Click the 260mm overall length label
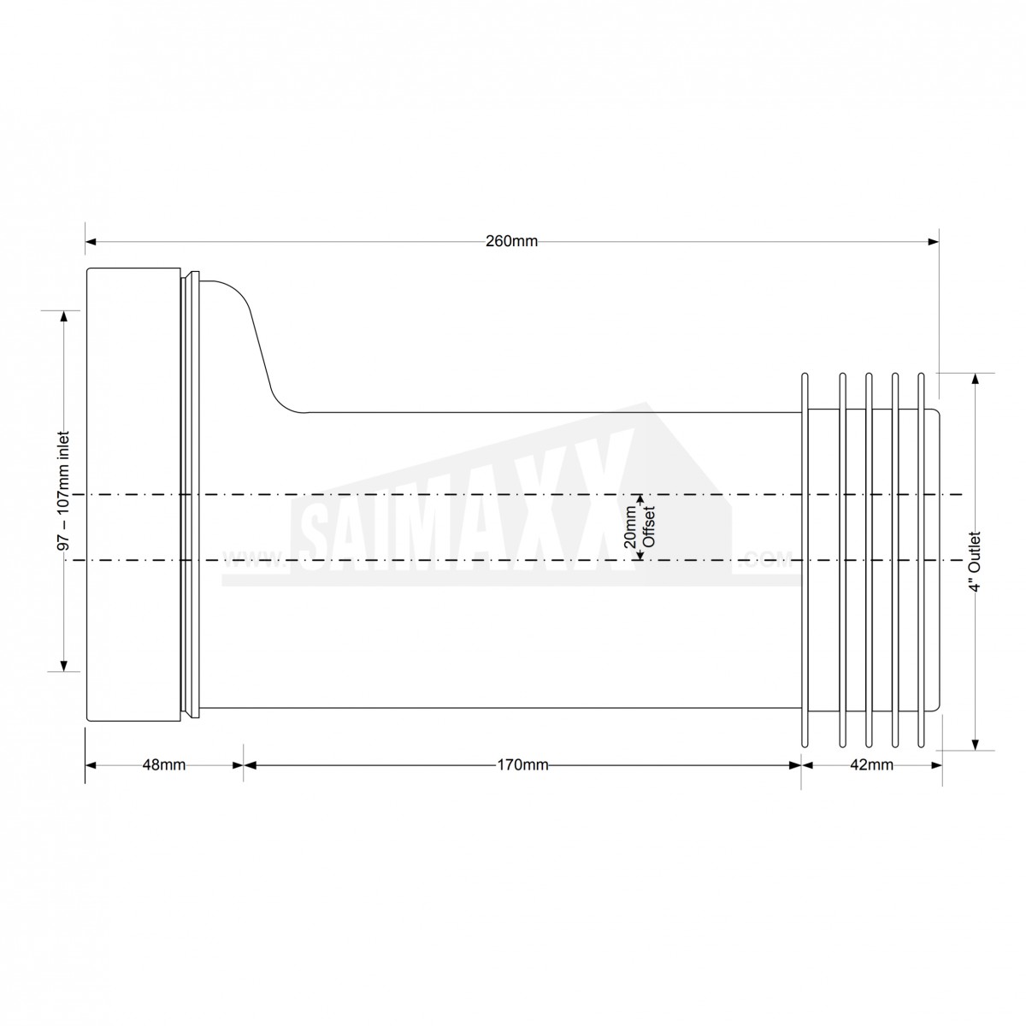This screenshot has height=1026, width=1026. click(511, 242)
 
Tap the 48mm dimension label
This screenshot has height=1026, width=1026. click(164, 765)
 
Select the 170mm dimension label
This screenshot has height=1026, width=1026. click(522, 765)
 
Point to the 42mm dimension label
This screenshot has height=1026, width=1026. click(871, 765)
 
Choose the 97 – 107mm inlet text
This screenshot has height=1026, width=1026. click(63, 492)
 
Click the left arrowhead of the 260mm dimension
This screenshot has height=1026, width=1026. click(91, 242)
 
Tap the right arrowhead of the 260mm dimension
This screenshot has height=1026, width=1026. click(933, 242)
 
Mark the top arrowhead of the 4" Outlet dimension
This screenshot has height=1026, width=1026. click(975, 379)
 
